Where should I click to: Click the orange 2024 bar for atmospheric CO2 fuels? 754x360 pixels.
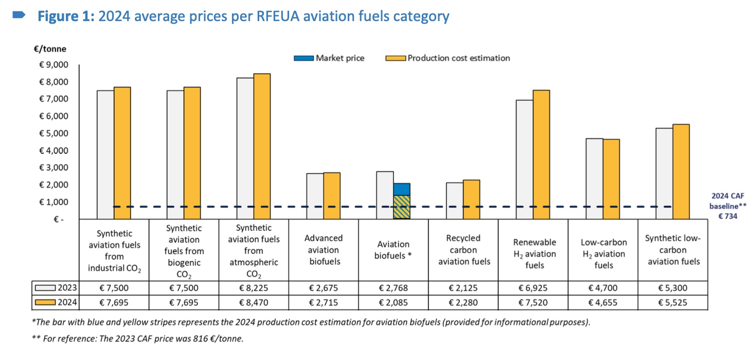pos(262,146)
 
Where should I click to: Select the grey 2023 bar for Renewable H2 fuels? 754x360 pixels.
pos(525,159)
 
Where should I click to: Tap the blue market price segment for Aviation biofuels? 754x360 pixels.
pos(402,189)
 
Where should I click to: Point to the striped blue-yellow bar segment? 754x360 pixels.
pos(402,207)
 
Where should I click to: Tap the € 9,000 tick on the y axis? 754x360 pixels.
pos(53,65)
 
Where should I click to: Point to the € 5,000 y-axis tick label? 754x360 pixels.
pos(53,133)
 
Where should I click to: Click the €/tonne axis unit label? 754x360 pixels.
pos(50,49)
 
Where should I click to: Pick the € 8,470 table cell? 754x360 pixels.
pos(254,302)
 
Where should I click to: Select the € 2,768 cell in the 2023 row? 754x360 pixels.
pos(393,288)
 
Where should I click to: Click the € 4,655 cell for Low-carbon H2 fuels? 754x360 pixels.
pos(603,302)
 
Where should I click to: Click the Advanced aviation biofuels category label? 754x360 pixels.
pos(323,250)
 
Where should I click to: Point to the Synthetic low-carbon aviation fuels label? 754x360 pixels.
pos(673,250)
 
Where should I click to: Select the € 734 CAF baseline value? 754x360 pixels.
pos(728,217)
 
